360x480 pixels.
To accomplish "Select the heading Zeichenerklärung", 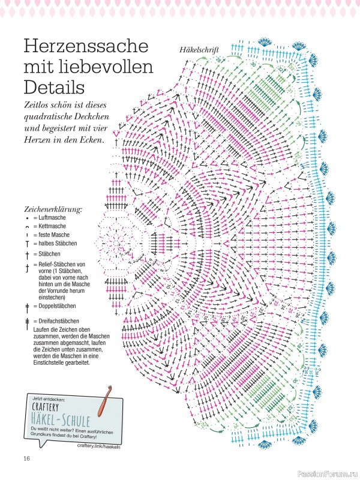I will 53,209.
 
